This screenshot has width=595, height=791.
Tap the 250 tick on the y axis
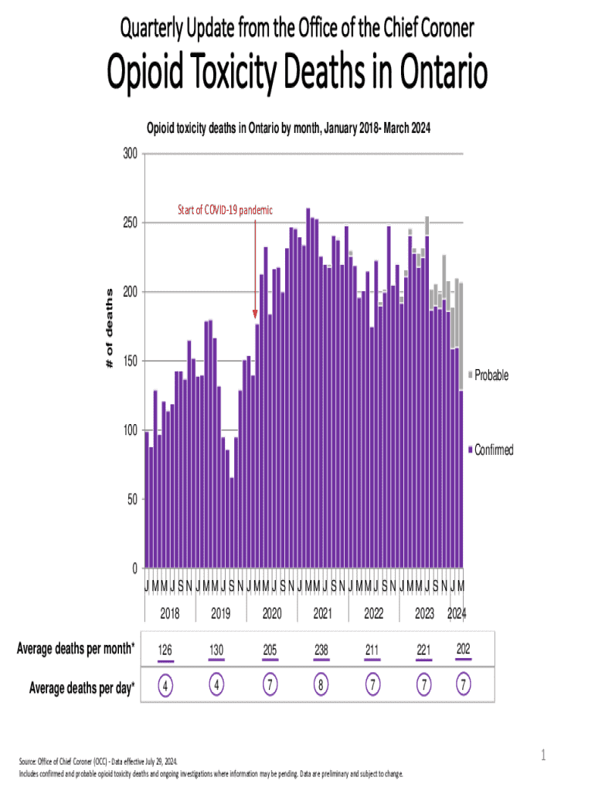[x=129, y=223]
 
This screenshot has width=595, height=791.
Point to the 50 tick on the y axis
[x=132, y=500]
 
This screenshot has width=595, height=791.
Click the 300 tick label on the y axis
[x=129, y=154]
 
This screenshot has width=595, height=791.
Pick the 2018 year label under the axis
[x=169, y=614]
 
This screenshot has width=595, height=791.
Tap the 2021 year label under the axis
[x=321, y=614]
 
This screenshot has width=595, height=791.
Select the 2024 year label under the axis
[x=457, y=614]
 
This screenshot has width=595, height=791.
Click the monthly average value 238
[x=321, y=650]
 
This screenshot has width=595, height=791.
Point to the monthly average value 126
[x=165, y=650]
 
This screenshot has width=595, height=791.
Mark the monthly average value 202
[x=464, y=650]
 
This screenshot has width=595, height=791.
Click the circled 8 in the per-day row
[x=321, y=685]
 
